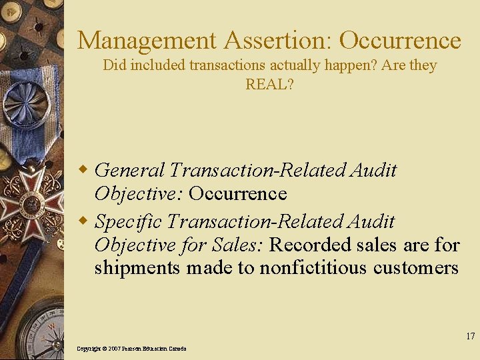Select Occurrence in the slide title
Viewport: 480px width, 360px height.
400,41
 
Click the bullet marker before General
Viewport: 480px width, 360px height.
85,170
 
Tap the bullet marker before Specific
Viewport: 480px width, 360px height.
85,221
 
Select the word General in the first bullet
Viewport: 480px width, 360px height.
130,170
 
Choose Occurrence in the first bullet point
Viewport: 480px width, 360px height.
237,194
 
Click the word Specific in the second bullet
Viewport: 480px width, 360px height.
129,221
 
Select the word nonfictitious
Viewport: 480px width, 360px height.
313,267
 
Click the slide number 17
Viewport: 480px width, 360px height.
471,336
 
